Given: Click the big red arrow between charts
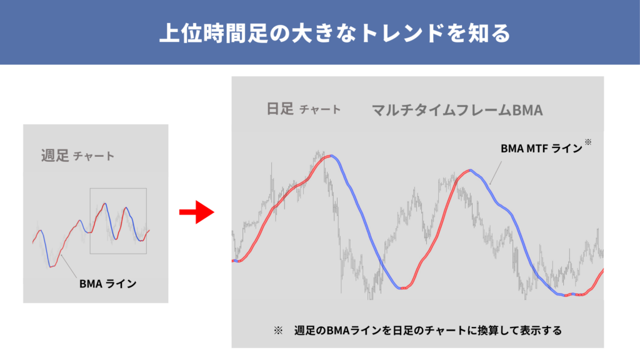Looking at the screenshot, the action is click(196, 212).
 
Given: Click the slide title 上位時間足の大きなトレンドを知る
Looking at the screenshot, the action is click(335, 33).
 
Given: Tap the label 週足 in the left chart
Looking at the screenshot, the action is click(55, 156).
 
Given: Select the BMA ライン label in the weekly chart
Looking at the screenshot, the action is click(107, 284).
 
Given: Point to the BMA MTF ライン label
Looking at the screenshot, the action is click(541, 149).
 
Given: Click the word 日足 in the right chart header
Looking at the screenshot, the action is click(280, 109).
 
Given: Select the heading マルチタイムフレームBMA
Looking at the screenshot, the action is click(457, 110).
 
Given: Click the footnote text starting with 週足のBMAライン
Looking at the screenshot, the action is click(427, 330).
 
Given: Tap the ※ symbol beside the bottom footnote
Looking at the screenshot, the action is click(278, 330).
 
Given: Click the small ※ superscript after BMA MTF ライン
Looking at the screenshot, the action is click(588, 142).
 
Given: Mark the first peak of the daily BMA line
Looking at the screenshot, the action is click(331, 156).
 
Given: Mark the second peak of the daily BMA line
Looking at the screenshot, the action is click(470, 170).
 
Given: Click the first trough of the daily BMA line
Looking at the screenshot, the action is click(402, 288).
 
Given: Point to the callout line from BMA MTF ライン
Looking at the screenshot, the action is click(496, 173).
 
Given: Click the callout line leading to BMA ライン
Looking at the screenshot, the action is click(69, 266).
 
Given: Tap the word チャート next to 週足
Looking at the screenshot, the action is click(94, 156).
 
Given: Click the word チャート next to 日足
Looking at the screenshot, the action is click(320, 110).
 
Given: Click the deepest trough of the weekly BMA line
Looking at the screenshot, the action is click(51, 266).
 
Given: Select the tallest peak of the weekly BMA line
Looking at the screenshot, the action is click(105, 204).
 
